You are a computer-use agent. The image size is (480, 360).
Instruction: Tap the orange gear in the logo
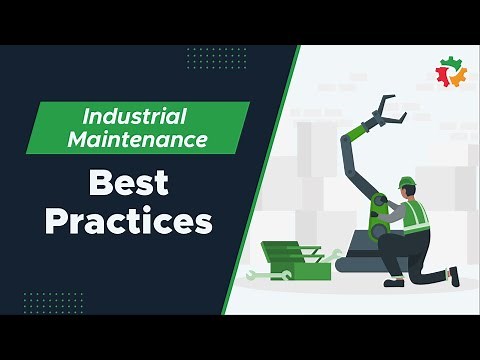459,77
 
